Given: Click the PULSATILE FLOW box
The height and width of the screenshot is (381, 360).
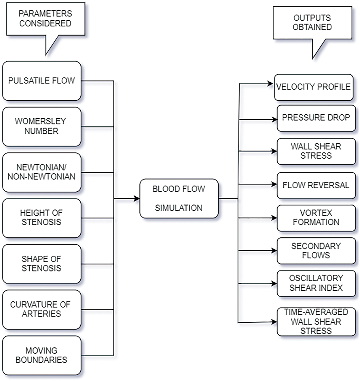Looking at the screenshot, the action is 42,81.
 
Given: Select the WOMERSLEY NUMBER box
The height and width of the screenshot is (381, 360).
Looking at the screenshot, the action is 42,127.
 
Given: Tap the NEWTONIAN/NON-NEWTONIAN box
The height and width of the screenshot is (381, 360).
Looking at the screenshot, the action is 42,172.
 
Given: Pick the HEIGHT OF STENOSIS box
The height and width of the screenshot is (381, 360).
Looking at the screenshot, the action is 42,218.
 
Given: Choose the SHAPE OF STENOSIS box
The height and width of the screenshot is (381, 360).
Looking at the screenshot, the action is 42,264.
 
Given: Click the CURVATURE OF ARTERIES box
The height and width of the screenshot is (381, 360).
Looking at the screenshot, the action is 42,310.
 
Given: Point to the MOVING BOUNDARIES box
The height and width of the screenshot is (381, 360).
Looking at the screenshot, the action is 42,355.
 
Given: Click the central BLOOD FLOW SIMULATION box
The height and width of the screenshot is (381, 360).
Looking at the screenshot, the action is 179,198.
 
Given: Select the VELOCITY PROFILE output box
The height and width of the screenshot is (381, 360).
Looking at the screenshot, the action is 314,87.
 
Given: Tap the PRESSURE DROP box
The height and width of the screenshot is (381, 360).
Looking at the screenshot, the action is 316,118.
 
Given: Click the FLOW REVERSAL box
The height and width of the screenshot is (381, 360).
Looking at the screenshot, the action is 316,185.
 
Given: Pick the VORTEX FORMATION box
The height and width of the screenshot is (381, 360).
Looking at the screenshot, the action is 316,218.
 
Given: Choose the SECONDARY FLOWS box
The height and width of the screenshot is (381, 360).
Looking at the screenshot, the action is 316,251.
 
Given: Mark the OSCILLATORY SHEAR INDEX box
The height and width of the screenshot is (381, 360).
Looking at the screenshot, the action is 316,283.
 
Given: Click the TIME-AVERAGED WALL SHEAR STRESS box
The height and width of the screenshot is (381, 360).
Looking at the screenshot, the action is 316,322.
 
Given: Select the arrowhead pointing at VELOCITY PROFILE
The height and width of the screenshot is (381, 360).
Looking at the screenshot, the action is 270,84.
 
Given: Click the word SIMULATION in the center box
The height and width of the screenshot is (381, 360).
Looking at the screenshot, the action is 179,208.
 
